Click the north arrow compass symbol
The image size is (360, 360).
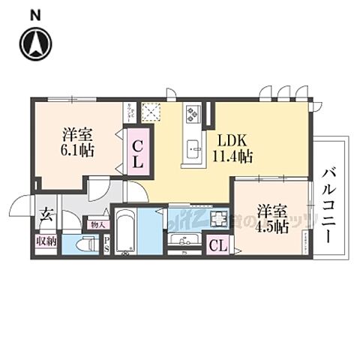click(x=35, y=44)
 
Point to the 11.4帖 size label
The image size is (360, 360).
click(x=233, y=156)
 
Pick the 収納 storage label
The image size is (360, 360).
click(x=45, y=241)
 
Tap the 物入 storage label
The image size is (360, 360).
click(x=98, y=223)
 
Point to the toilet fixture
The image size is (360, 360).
click(x=88, y=243)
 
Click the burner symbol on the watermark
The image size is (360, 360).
click(x=220, y=219)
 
